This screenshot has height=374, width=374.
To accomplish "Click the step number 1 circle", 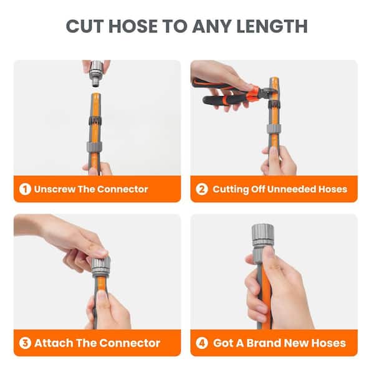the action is [25, 189].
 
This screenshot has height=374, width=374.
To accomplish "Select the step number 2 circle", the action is [202, 189].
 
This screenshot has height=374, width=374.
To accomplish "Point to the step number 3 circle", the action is [25, 343].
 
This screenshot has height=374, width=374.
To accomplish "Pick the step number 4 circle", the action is [202, 343].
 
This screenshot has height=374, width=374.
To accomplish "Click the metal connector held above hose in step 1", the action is [97, 73].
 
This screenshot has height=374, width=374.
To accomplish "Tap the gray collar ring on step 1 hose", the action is [95, 147].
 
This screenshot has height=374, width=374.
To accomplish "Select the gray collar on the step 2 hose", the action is [274, 129].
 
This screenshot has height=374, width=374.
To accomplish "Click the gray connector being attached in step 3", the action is [101, 266].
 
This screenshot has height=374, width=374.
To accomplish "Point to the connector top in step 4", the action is [262, 235].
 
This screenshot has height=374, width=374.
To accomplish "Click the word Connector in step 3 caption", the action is [130, 343].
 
